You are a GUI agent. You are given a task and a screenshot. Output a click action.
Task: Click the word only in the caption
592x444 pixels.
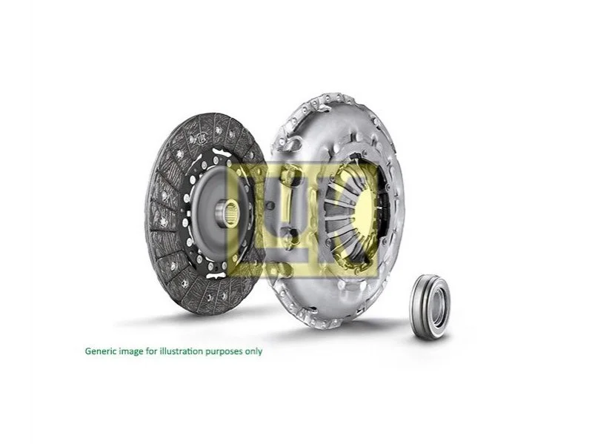(253, 351)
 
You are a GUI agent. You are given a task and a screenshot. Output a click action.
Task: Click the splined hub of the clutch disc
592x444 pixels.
(227, 214)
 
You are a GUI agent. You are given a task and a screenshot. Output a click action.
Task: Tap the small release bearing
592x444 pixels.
(430, 307)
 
